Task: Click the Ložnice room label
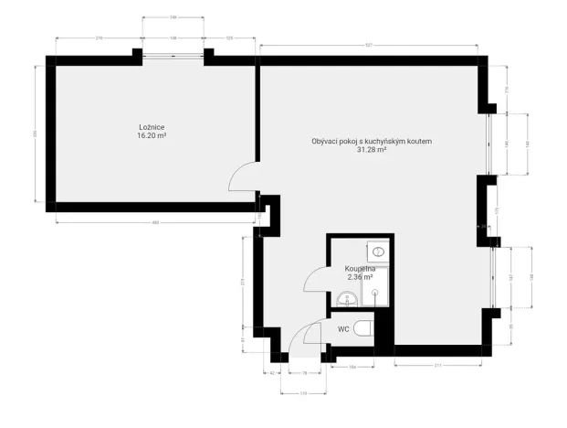point(151,127)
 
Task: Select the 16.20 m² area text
point(151,135)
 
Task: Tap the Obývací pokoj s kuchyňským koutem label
point(371,141)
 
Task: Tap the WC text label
point(343,328)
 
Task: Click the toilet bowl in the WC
point(362,329)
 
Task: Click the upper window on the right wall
point(490,144)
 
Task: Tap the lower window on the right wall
point(494,276)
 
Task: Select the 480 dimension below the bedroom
point(155,221)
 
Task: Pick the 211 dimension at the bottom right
point(437,366)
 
